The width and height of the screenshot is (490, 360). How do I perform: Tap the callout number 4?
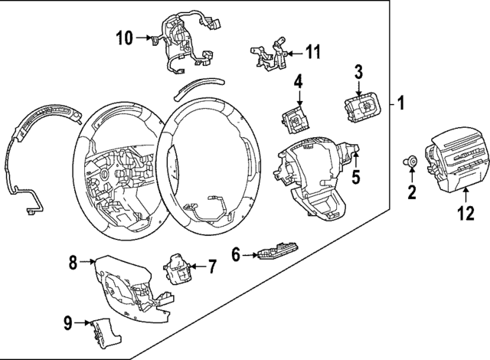pyautogui.click(x=298, y=80)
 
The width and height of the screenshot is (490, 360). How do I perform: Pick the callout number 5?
pyautogui.click(x=354, y=178)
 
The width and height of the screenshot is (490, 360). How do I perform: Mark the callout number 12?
pyautogui.click(x=462, y=215)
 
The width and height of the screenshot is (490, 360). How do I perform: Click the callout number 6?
pyautogui.click(x=237, y=253)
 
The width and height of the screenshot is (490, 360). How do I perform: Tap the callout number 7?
pyautogui.click(x=212, y=267)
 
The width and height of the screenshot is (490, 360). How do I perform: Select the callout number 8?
pyautogui.click(x=73, y=263)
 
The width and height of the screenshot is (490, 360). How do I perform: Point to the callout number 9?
pyautogui.click(x=67, y=323)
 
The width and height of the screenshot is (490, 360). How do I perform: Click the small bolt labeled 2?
pyautogui.click(x=411, y=162)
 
